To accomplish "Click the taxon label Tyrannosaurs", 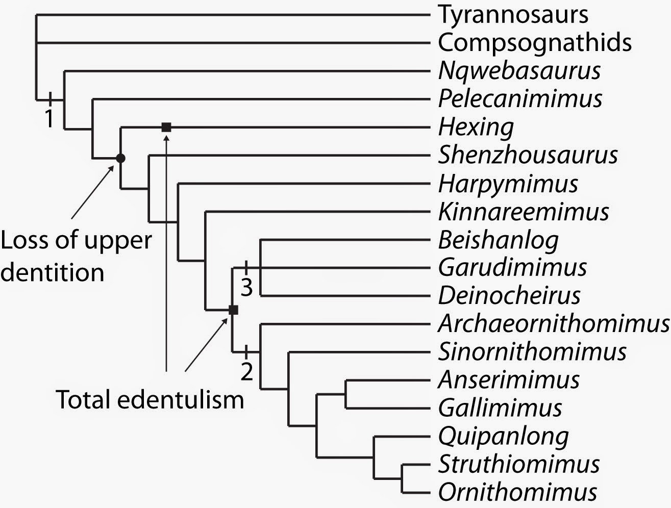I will [x=513, y=15].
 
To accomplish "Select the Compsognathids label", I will [x=535, y=43].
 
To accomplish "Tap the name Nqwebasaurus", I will [x=519, y=70].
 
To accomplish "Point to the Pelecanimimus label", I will [x=520, y=98].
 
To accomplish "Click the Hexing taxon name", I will [x=476, y=127].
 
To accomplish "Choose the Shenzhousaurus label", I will [x=528, y=155].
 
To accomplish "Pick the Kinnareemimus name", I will [x=523, y=211].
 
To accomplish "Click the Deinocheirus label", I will [x=509, y=295].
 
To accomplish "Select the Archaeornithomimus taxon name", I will [x=553, y=323].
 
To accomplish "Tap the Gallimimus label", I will [x=500, y=408].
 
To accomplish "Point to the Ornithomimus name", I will [x=517, y=492].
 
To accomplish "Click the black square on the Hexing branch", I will [x=166, y=127].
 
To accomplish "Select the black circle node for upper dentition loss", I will [x=120, y=158].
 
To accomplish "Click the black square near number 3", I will [x=233, y=310].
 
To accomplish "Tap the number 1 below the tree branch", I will [x=49, y=119].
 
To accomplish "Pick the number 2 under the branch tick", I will [x=246, y=372].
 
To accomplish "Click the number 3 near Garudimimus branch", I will [x=246, y=288].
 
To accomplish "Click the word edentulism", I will [x=181, y=400].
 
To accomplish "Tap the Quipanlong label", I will [x=503, y=436].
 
